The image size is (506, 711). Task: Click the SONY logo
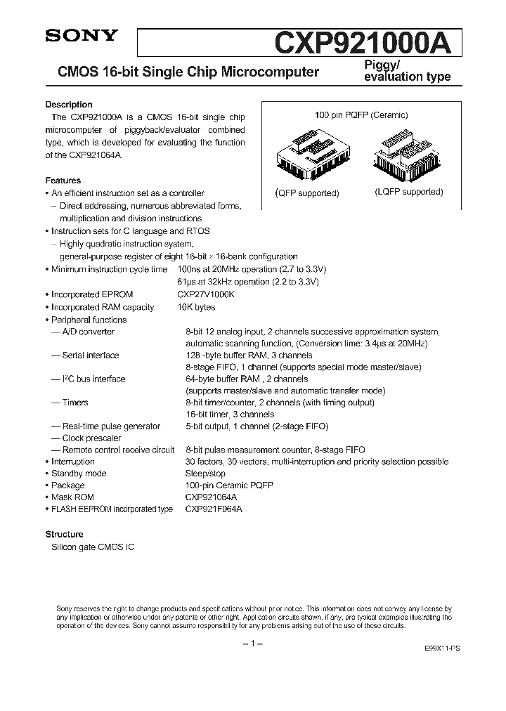[x=81, y=37]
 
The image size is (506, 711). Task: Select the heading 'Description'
[x=69, y=105]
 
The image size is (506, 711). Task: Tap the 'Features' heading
[x=63, y=181]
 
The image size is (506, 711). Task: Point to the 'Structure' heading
[x=64, y=534]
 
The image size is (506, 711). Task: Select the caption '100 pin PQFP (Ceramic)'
[x=361, y=115]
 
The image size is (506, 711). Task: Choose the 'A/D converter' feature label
[x=88, y=332]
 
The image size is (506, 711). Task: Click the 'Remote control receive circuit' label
[x=118, y=450]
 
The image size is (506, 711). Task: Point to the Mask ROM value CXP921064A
[x=212, y=497]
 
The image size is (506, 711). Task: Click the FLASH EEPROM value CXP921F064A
[x=214, y=509]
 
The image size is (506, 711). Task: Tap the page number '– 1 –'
[x=252, y=644]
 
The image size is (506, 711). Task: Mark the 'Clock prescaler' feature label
[x=91, y=438]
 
